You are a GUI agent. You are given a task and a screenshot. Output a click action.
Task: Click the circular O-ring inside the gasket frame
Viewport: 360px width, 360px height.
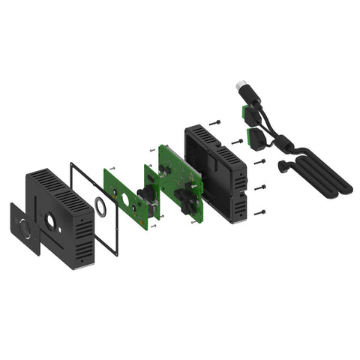[99, 205]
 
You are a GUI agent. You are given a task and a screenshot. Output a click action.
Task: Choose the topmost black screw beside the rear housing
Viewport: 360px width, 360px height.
[215, 121]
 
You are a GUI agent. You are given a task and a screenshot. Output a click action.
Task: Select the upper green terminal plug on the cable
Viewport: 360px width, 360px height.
[245, 111]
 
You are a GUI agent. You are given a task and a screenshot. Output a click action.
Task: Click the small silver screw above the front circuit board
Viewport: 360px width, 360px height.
[112, 166]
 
